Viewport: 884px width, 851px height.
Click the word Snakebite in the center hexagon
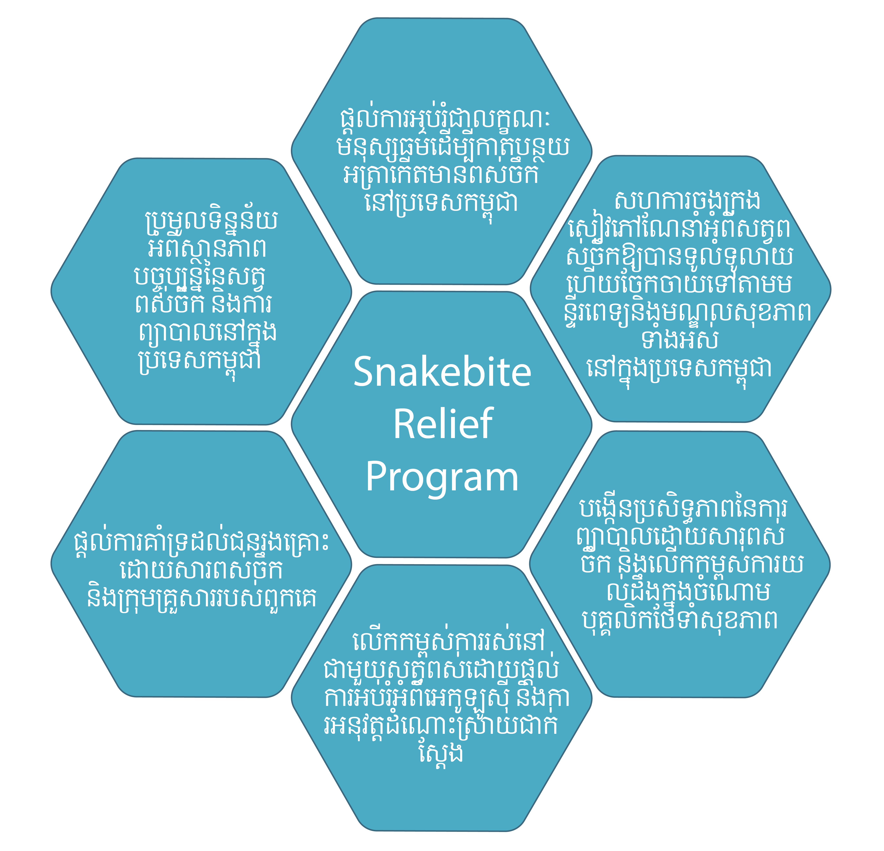click(x=442, y=372)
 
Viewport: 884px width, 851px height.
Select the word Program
click(x=442, y=478)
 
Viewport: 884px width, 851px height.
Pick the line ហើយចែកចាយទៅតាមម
click(x=679, y=284)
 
